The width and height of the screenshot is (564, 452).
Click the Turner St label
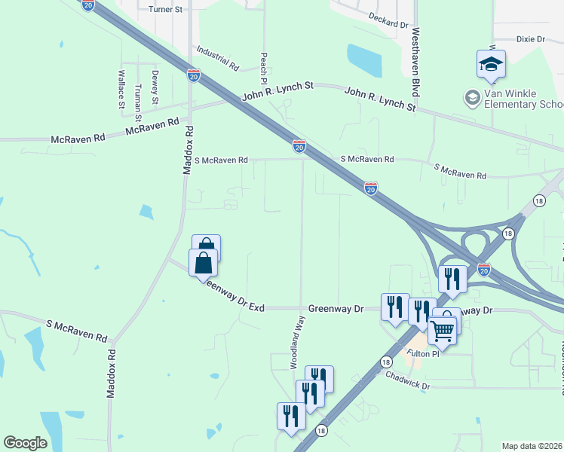[x=166, y=9]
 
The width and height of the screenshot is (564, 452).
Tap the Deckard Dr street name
[x=388, y=20]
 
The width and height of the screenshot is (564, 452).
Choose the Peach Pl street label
[x=264, y=68]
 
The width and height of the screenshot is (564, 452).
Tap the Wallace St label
[x=121, y=89]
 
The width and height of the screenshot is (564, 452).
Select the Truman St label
[x=138, y=101]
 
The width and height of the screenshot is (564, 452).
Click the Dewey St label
[x=155, y=87]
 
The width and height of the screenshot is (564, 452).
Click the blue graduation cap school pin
[x=491, y=63]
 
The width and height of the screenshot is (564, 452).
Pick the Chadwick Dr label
[x=407, y=380]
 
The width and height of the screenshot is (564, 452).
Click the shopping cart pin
[x=443, y=328]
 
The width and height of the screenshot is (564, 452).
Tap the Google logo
[x=26, y=443]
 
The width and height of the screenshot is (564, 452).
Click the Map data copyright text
[x=532, y=446]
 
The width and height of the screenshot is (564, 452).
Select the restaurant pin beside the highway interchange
[x=452, y=279]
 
